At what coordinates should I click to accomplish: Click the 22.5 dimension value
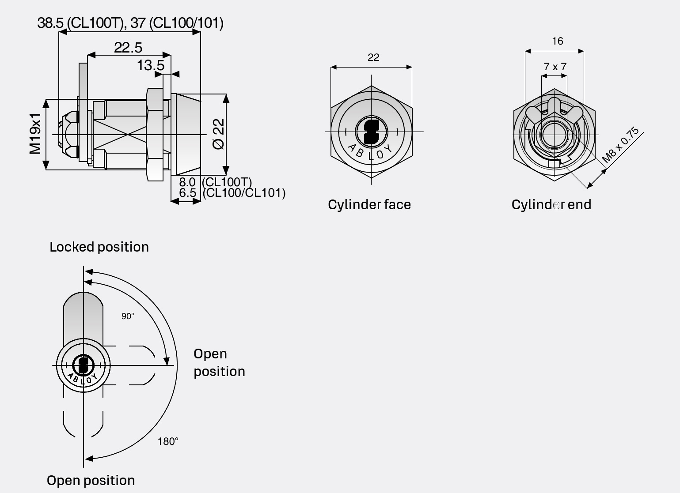[128, 47]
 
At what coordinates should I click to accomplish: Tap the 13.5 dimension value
[150, 65]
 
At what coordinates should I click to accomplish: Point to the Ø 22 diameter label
[219, 134]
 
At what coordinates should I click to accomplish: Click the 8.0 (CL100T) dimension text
[215, 182]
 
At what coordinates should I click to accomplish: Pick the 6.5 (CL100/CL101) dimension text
[232, 193]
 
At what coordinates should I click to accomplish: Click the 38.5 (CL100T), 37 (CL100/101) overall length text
[130, 23]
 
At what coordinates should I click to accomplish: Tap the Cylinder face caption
[369, 205]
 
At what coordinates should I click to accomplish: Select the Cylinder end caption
[551, 205]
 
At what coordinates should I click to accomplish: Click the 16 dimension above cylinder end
[557, 41]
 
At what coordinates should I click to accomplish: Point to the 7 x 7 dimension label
[555, 67]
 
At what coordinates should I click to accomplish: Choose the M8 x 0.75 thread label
[620, 145]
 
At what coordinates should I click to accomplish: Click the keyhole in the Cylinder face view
[371, 132]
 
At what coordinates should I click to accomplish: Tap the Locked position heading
[99, 247]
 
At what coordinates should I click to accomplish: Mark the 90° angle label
[128, 316]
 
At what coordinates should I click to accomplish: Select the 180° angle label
[168, 441]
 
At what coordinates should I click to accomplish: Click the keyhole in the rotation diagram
[83, 365]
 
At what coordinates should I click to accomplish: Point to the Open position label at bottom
[91, 481]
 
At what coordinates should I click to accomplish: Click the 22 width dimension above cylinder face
[373, 57]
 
